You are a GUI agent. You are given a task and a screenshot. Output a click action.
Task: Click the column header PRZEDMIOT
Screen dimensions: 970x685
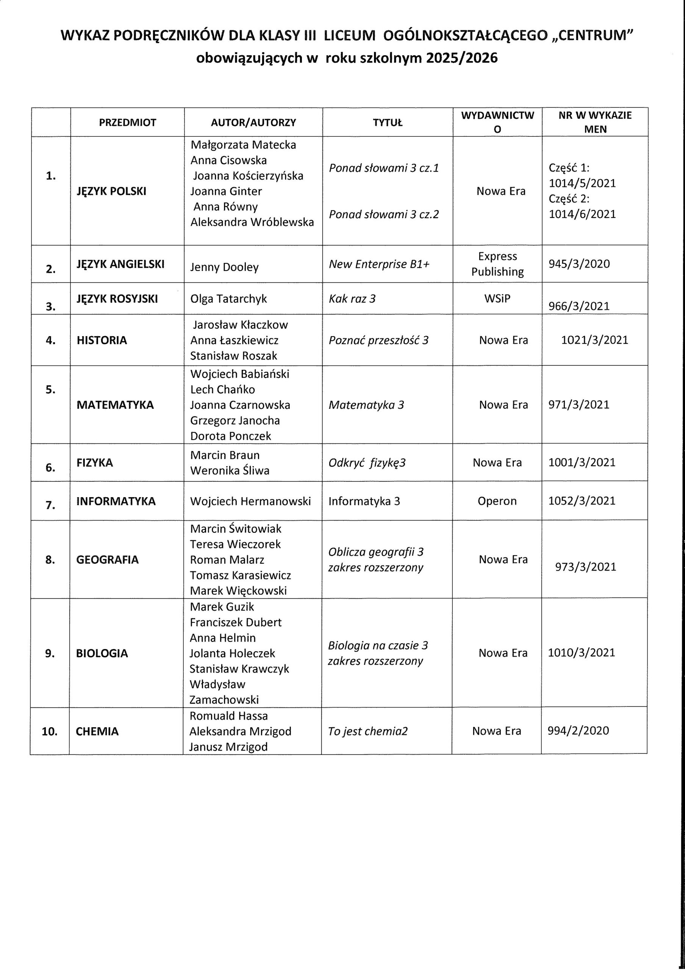click(128, 122)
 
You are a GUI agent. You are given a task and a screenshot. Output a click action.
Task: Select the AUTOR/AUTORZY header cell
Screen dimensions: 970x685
click(253, 122)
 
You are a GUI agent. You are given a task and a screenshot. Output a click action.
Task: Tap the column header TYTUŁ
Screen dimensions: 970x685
click(388, 122)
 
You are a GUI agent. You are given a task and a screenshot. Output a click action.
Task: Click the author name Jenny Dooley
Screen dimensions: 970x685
click(224, 268)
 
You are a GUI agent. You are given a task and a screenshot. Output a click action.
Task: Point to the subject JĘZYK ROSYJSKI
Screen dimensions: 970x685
click(117, 299)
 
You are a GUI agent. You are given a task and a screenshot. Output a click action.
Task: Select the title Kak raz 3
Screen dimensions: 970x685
click(352, 299)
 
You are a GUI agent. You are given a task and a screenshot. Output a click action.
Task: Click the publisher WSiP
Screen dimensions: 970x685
click(497, 298)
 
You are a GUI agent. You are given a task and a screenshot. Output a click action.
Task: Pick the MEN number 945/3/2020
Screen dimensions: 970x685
click(579, 264)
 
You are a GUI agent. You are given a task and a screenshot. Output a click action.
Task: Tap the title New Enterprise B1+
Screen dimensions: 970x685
click(379, 264)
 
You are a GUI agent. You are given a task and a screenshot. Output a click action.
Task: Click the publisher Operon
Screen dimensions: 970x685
click(497, 501)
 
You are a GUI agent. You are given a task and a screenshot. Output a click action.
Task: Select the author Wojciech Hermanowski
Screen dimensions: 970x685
click(250, 501)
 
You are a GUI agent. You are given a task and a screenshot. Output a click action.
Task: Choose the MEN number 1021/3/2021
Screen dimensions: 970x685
click(594, 340)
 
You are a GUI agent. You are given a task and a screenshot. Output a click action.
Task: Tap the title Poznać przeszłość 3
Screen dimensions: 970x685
click(378, 341)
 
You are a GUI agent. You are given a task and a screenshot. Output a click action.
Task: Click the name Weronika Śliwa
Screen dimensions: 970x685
click(230, 471)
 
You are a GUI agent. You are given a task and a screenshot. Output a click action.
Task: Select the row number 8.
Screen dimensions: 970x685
click(50, 560)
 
